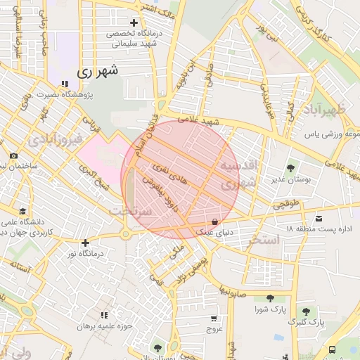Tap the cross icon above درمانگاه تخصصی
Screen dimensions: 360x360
tap(134, 22)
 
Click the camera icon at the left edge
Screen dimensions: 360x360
tap(13, 156)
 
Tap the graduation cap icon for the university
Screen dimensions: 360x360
tap(23, 211)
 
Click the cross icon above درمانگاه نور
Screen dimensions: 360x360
tap(85, 243)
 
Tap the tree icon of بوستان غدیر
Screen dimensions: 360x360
tap(290, 167)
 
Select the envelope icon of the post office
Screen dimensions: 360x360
tap(320, 219)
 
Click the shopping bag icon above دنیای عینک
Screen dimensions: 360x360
tap(214, 221)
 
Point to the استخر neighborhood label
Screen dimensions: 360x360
tap(264, 240)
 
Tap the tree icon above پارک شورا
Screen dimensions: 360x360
tap(271, 298)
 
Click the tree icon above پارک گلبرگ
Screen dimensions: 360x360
tap(306, 311)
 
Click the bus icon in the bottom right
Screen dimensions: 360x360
tap(332, 349)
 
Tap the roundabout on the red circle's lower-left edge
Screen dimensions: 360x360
tap(125, 235)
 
